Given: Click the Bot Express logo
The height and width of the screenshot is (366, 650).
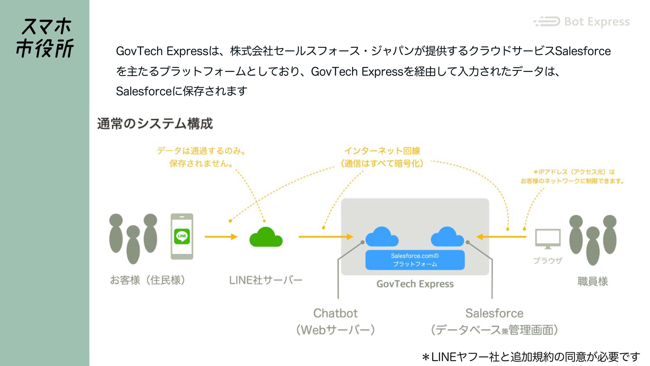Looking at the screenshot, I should click(581, 22).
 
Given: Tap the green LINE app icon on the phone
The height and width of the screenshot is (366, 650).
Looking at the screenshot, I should click(182, 236).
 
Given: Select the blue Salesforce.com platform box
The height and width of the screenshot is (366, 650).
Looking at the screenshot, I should click(415, 260).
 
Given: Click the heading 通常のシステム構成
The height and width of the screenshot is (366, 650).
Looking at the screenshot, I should click(155, 124).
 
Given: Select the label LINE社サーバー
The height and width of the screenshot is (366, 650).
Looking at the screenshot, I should click(265, 280).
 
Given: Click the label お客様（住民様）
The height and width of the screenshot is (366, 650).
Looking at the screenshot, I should click(148, 280).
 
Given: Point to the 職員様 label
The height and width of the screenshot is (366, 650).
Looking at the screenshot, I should click(593, 281).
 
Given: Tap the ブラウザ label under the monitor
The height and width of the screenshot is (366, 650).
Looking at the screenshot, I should click(548, 260).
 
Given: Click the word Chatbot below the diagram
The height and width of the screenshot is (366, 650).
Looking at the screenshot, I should click(335, 313).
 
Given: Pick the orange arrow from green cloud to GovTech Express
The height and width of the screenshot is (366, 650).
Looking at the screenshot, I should click(325, 237).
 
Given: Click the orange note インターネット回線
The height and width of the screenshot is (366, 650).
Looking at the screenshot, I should click(382, 151).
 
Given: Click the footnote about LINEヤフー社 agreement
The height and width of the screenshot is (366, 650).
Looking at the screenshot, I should click(531, 357).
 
